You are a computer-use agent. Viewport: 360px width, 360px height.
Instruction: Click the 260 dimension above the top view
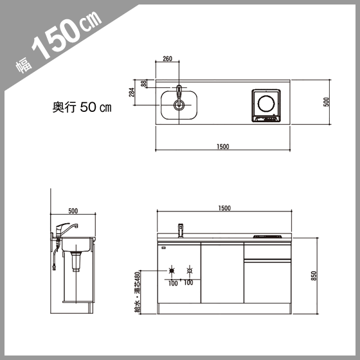pos(167,59)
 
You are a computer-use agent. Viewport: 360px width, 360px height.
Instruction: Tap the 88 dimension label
pos(144,84)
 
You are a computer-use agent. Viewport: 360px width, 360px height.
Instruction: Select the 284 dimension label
pos(132,93)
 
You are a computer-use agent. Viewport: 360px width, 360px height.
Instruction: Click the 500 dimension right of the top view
pos(326,102)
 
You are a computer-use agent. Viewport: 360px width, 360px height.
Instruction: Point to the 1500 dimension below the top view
pos(223,147)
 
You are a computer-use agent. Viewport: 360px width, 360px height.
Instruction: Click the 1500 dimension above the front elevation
pos(224,208)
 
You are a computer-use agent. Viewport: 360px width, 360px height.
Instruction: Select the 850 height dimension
pos(314,276)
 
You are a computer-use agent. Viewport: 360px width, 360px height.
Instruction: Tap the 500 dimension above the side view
pos(73,211)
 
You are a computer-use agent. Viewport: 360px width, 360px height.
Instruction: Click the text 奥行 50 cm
pos(82,107)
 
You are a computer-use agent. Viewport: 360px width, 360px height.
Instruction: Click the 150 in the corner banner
pos(57,39)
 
